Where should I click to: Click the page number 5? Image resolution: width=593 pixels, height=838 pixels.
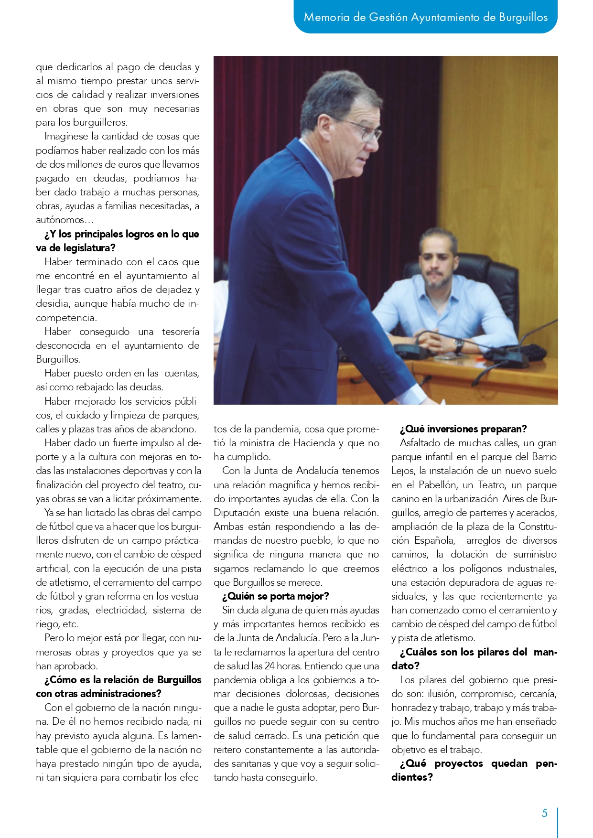[544, 813]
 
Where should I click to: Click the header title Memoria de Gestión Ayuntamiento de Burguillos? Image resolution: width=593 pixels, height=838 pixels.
[426, 18]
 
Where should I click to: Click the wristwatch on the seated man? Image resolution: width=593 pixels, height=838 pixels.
[458, 345]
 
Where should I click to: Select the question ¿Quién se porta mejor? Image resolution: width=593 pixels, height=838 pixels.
[276, 596]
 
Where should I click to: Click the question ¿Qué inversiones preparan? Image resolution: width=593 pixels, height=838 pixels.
[463, 429]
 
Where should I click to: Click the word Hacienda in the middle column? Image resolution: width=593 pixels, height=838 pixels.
[314, 443]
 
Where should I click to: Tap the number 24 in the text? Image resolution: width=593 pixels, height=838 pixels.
[270, 666]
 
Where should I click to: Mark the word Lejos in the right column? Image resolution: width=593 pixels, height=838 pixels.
[403, 471]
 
